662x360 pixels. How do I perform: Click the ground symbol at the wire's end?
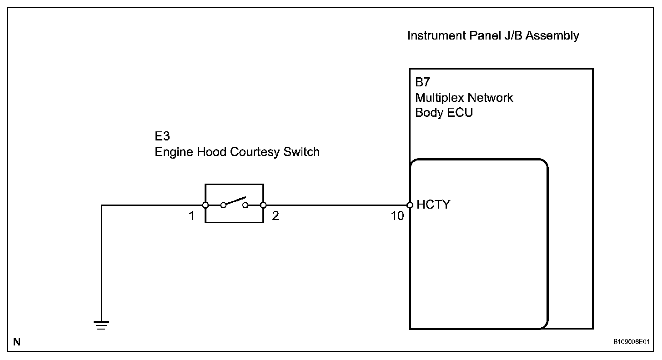(101, 325)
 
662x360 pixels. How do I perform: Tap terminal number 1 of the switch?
(192, 216)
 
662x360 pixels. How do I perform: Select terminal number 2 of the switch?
(275, 216)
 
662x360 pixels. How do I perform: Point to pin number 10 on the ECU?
(397, 216)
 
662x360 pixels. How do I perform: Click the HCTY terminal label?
(433, 205)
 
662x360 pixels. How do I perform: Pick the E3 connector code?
(162, 137)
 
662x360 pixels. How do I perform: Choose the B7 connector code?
(422, 83)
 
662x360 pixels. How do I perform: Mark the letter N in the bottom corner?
(16, 342)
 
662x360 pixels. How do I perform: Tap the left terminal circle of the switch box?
(206, 205)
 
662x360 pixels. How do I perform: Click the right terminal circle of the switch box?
(263, 205)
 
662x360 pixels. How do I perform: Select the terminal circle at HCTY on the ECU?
(410, 205)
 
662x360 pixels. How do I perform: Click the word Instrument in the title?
(436, 36)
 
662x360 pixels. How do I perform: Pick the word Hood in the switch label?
(213, 152)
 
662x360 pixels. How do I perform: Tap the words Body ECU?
(444, 113)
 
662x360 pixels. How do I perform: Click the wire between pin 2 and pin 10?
(336, 205)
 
